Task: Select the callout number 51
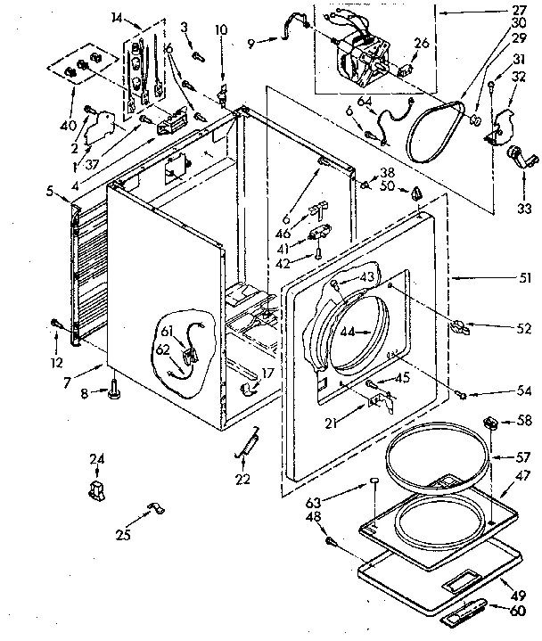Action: [526, 278]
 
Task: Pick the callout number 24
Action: [97, 459]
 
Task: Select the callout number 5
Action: [53, 189]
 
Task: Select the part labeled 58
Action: [490, 421]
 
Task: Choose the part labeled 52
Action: [459, 326]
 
